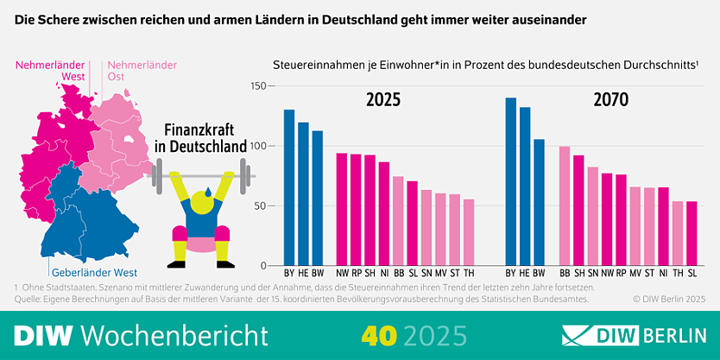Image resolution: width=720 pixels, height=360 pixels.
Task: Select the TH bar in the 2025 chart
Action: click(x=469, y=232)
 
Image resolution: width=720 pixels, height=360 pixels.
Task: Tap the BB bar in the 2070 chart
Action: click(x=565, y=206)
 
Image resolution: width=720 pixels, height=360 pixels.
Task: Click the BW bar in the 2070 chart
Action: click(x=539, y=202)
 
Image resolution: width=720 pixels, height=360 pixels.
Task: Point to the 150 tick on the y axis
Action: click(x=256, y=86)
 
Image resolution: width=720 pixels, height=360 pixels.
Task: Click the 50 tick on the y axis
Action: click(x=259, y=206)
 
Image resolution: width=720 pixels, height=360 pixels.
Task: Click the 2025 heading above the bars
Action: click(x=383, y=100)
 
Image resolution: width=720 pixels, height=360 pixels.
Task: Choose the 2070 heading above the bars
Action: click(x=611, y=100)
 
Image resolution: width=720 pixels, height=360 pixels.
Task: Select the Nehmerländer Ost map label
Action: click(x=140, y=70)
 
